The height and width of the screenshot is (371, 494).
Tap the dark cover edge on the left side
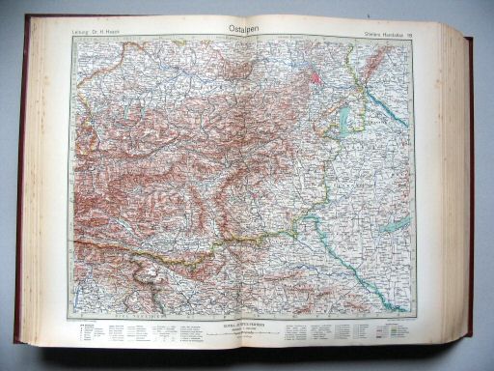[18, 193]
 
